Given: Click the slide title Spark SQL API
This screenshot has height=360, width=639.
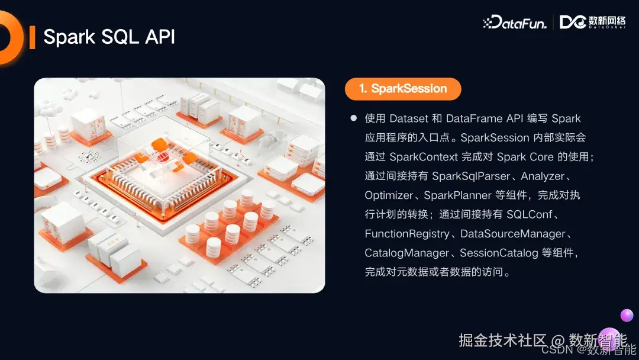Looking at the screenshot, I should tap(109, 37).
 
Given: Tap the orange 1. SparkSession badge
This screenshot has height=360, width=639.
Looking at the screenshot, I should tap(403, 89).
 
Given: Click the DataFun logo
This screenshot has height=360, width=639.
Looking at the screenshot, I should tap(515, 22).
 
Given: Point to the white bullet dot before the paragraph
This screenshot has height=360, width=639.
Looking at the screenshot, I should tap(354, 118).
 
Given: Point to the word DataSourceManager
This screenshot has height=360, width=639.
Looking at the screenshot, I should tap(512, 234).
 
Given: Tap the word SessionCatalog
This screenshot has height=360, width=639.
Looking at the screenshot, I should tap(499, 253).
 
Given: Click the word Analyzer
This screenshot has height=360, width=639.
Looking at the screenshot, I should tap(543, 176).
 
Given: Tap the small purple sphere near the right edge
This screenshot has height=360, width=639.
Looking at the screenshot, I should tap(627, 315).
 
